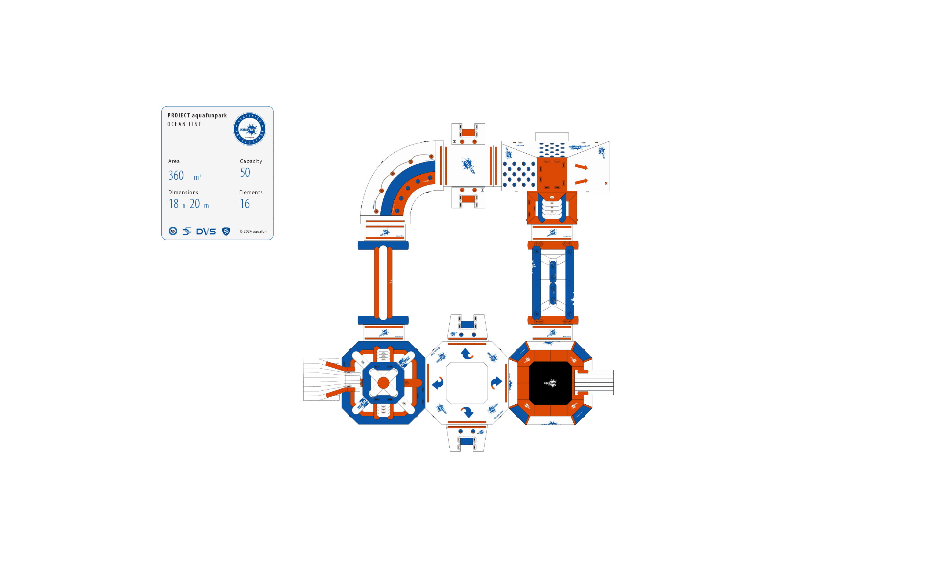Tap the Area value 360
pos(176,175)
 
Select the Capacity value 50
pos(245,173)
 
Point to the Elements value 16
pos(244,204)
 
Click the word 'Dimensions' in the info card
pos(183,192)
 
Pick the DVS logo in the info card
pos(206,232)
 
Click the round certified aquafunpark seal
pos(249,129)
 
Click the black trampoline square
pos(550,383)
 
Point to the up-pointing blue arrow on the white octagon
pos(467,354)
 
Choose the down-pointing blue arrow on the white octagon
pos(467,412)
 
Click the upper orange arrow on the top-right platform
pos(581,167)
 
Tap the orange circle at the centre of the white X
pos(383,383)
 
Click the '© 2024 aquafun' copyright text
pos(253,231)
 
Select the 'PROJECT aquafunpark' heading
pos(197,115)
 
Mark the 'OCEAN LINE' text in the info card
pos(184,124)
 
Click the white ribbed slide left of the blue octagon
pos(322,379)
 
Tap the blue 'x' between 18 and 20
pos(184,206)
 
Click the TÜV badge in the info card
pos(173,231)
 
